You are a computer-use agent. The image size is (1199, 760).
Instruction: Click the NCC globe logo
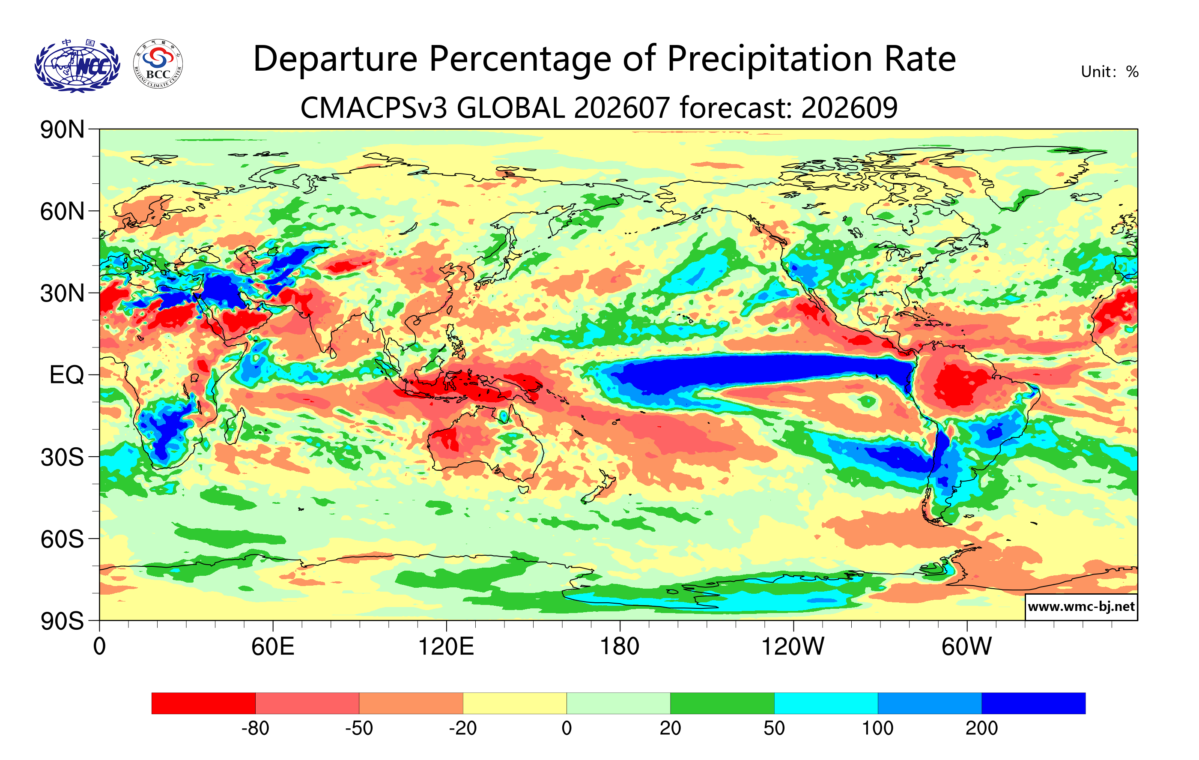77,65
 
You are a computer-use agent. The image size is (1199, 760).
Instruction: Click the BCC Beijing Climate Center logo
158,64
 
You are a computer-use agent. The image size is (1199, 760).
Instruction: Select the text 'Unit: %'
1110,72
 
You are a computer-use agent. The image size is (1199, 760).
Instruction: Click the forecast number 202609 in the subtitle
850,108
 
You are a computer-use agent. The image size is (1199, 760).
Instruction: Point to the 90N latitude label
62,129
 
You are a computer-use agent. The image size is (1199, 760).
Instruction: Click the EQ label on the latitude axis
67,375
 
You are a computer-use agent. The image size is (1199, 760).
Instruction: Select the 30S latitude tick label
62,457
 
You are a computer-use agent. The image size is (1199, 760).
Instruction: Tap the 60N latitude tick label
62,212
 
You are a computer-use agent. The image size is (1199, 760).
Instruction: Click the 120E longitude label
446,647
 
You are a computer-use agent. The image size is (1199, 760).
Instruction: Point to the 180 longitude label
620,647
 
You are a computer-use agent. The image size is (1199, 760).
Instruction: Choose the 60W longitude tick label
966,647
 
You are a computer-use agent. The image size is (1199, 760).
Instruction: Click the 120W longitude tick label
793,647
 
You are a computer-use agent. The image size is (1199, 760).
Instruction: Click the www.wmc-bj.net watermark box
1081,607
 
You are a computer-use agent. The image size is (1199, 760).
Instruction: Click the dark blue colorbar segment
1033,703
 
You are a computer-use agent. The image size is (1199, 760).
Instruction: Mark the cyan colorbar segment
826,703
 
